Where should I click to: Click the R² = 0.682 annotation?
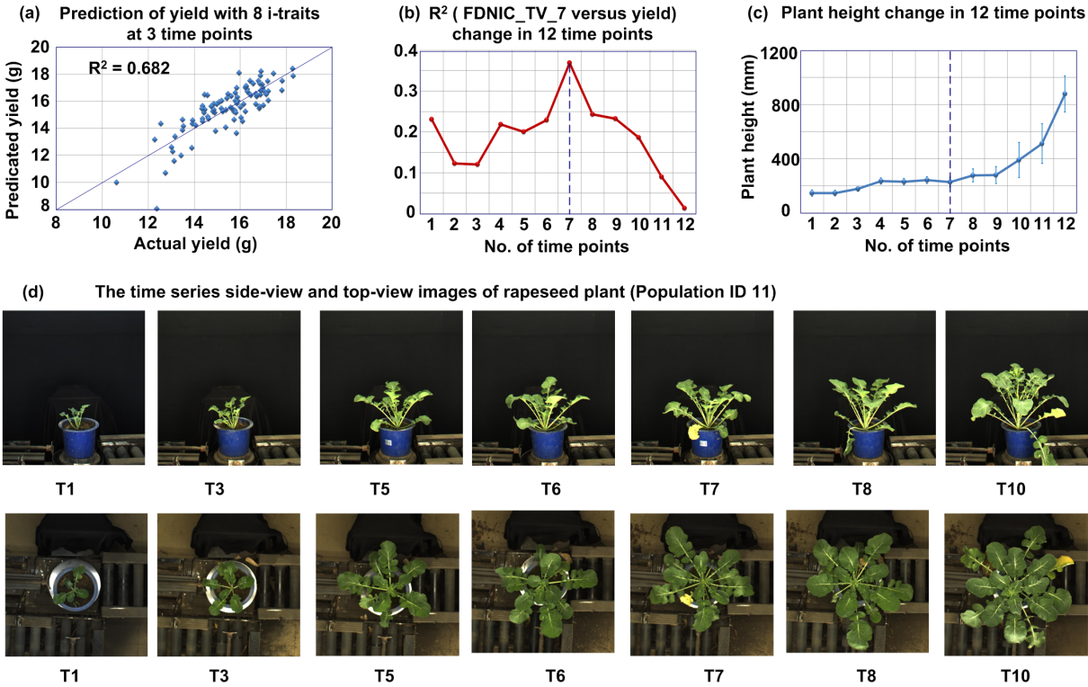(x=129, y=67)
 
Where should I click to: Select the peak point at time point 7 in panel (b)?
(x=569, y=63)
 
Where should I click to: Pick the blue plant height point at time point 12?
(x=1065, y=94)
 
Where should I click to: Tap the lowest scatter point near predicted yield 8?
(x=156, y=209)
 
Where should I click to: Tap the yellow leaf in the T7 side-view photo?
(x=693, y=432)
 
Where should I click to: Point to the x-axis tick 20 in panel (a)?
(x=332, y=225)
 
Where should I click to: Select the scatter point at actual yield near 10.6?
(x=116, y=183)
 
